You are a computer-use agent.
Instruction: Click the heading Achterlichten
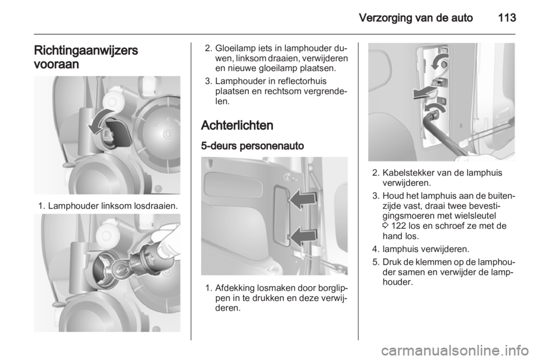pyautogui.click(x=237, y=125)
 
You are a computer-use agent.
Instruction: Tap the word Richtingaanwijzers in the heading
pyautogui.click(x=86, y=50)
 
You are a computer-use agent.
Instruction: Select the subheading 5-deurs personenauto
pyautogui.click(x=253, y=146)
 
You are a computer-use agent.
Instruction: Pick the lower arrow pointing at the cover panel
pyautogui.click(x=302, y=236)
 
